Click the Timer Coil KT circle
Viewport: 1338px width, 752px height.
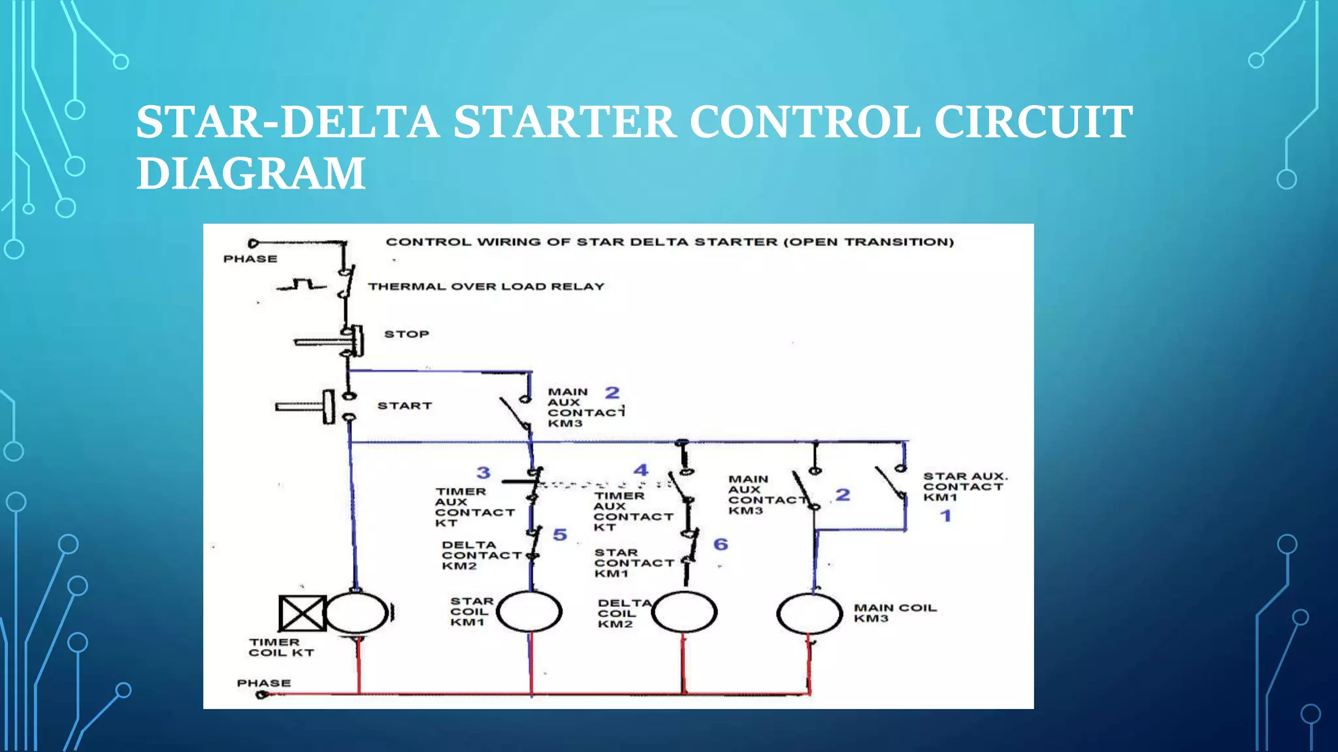356,612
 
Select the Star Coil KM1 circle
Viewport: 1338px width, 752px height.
529,612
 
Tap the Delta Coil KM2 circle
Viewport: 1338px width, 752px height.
684,612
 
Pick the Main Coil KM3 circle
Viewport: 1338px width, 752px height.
809,614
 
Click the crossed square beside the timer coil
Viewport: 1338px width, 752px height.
302,613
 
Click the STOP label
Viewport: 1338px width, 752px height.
406,334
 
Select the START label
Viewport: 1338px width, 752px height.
404,405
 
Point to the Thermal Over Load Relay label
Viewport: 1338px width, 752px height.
486,287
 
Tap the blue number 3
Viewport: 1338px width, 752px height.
483,473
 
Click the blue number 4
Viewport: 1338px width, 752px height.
641,470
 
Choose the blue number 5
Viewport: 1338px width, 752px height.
560,535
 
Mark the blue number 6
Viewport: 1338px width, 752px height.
721,544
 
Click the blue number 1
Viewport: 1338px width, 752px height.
945,516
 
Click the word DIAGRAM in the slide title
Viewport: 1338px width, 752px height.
250,174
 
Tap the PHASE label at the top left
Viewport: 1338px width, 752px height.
250,259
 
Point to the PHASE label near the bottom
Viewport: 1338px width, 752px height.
263,683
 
